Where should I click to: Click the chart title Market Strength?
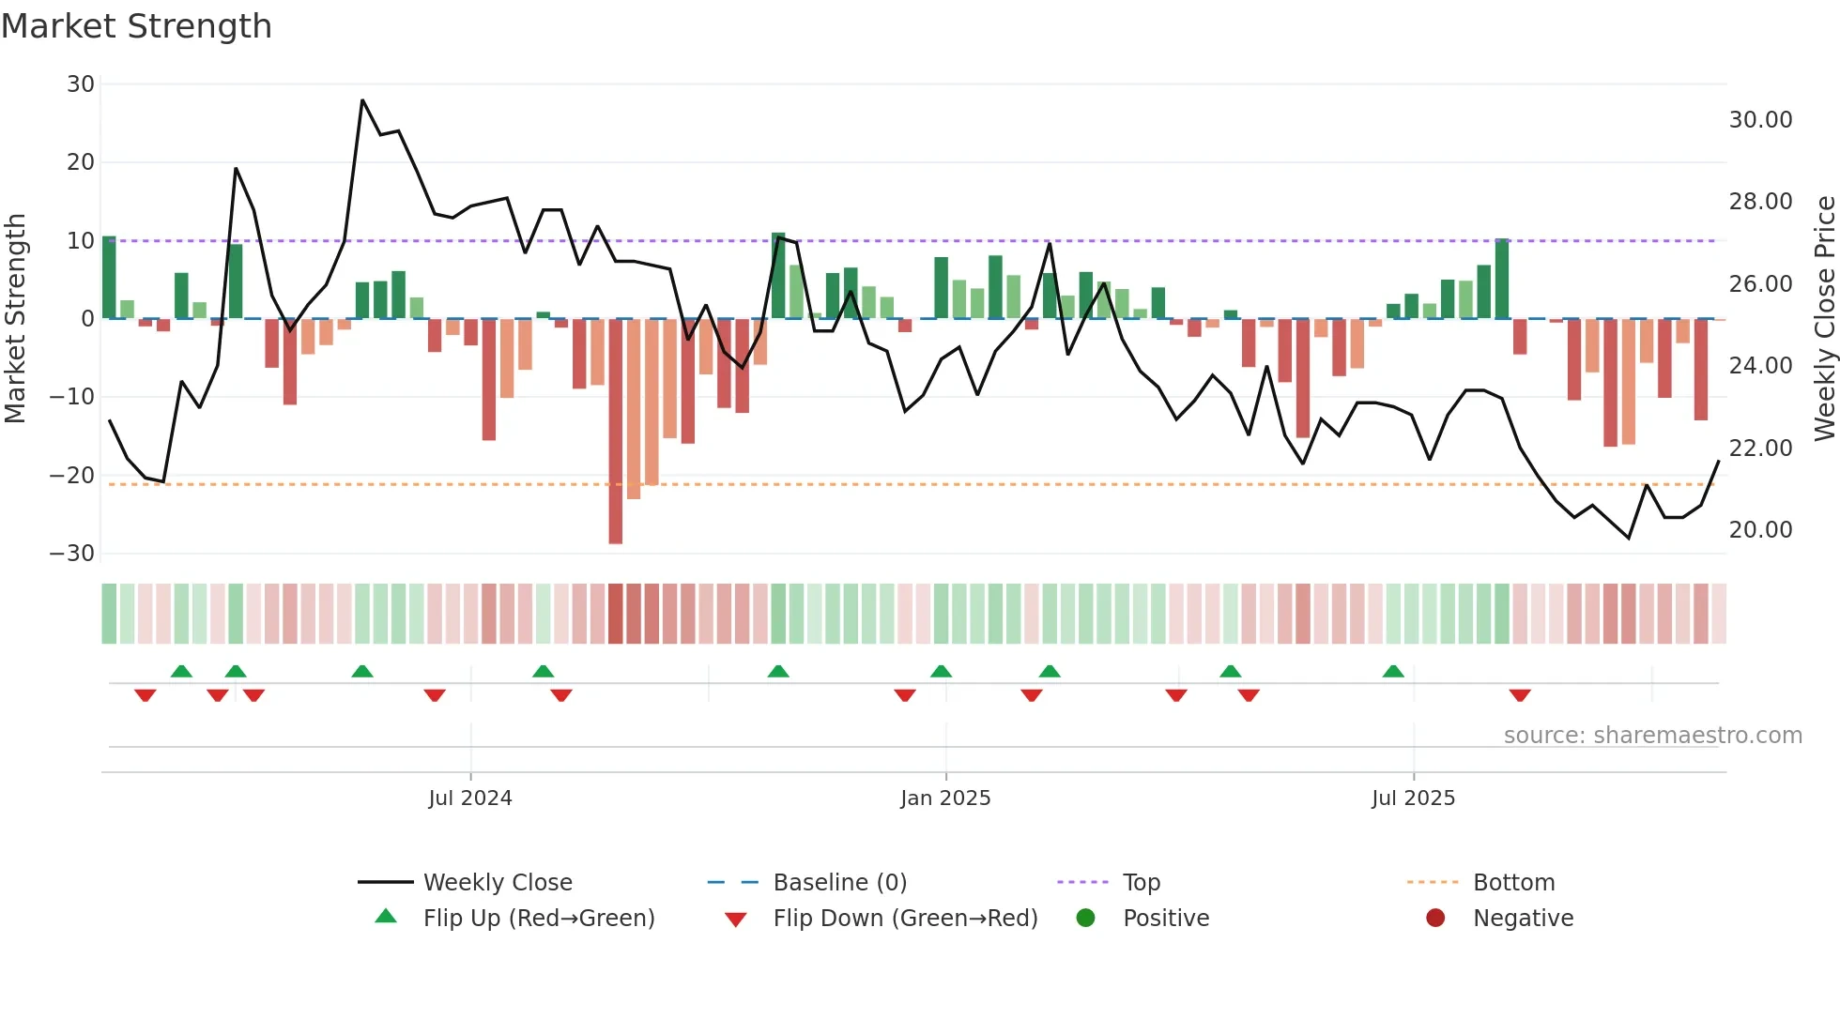pos(136,26)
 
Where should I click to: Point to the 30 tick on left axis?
pos(81,84)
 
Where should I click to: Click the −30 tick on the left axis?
pos(72,554)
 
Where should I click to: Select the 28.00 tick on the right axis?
pos(1760,202)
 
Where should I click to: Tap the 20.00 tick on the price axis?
pos(1760,530)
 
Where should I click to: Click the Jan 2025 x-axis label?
pos(944,798)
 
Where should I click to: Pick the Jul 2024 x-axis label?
pos(470,798)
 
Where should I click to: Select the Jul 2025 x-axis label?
pos(1413,798)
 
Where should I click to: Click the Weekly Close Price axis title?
pos(1824,318)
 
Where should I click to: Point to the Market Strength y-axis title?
pos(15,318)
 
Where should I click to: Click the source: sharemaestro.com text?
pos(1652,736)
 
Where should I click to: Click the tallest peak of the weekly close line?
pos(362,100)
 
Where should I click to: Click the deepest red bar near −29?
pos(616,432)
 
